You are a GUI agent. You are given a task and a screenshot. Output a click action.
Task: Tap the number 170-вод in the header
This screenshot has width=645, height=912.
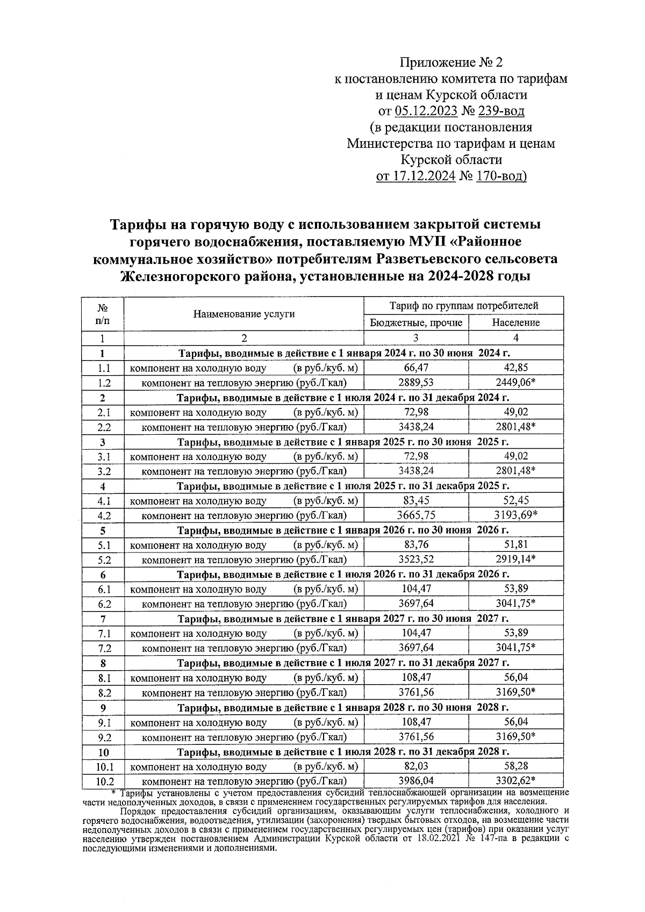coord(501,176)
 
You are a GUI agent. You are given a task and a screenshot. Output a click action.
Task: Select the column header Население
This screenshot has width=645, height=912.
coord(515,322)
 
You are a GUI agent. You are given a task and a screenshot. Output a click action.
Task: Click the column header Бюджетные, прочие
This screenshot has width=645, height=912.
coord(416,322)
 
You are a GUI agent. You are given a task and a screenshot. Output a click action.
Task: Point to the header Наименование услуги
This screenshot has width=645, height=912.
coord(244,314)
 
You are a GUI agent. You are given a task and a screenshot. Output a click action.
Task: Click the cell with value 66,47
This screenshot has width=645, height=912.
coord(415,368)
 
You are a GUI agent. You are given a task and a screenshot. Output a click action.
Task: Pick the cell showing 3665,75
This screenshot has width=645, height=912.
coord(415,515)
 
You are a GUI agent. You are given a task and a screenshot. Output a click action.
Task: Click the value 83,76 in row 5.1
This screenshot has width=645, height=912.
coord(415,544)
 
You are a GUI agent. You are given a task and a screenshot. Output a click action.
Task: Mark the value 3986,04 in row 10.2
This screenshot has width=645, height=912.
coord(415,780)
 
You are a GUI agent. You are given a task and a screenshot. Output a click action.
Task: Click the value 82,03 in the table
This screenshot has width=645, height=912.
coord(415,766)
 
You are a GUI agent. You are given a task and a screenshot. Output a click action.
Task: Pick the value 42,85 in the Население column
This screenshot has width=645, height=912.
coord(515,368)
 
